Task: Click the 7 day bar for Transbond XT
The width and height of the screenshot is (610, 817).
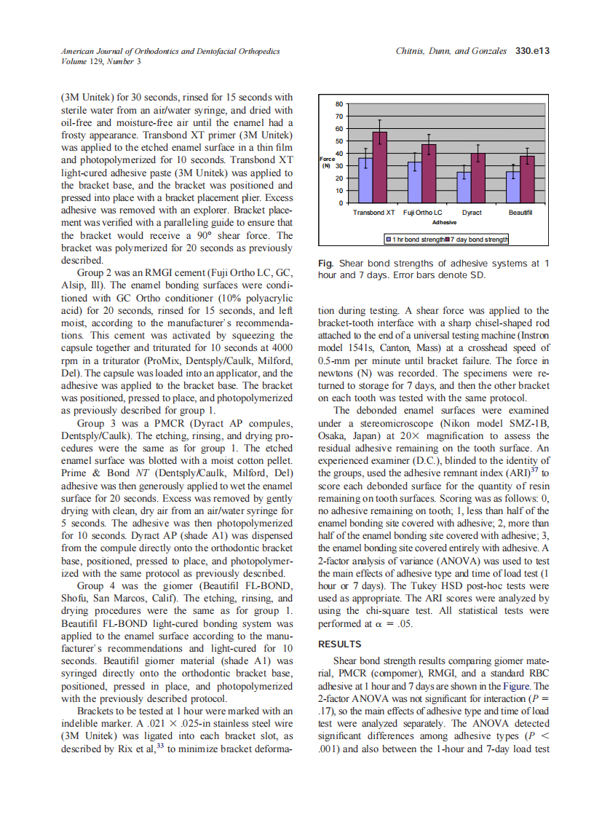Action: click(379, 167)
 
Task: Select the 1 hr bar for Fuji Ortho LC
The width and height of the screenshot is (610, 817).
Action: click(414, 182)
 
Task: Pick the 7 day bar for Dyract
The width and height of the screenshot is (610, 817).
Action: click(478, 178)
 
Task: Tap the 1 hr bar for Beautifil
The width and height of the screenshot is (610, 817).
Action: click(513, 187)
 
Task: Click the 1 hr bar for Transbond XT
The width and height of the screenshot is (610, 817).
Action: click(365, 180)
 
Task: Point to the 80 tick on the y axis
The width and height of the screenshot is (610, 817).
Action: click(338, 104)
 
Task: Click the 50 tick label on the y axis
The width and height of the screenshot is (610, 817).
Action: click(338, 141)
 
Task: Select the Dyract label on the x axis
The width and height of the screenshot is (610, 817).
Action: click(472, 212)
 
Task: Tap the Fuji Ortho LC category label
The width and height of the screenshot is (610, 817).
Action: click(422, 212)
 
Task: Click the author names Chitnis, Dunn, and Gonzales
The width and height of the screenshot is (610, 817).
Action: click(451, 51)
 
